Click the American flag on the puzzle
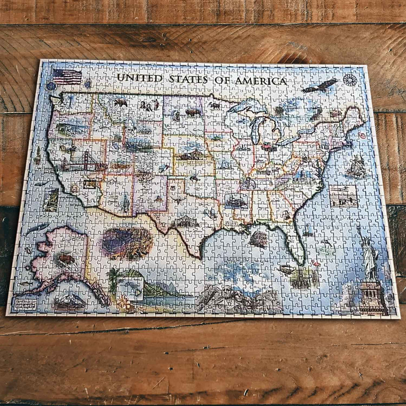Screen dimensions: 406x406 tap(67, 76)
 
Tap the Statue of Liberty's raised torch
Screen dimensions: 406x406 tap(359, 229)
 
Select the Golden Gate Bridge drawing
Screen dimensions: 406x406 tap(83, 162)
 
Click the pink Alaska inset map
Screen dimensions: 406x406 tap(61, 256)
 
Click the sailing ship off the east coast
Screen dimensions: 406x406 tap(356, 166)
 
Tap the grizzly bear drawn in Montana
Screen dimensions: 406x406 tap(120, 102)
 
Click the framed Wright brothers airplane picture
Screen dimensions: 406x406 tap(343, 196)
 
